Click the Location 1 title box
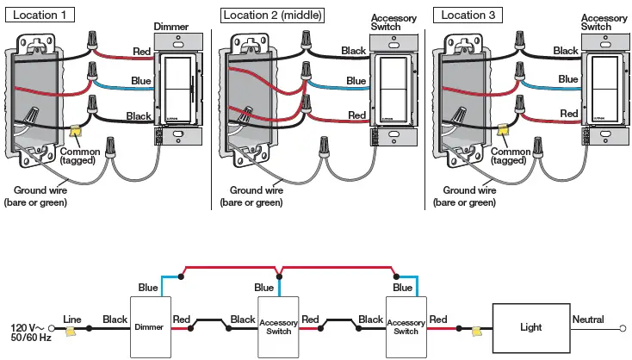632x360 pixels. [x=39, y=15]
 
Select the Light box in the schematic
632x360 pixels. [x=530, y=327]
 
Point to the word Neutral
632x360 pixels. [x=588, y=319]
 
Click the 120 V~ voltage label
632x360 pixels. [x=27, y=327]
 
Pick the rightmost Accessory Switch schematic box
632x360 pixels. [x=406, y=327]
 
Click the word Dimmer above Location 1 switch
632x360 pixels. [x=170, y=28]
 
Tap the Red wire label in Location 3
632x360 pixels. [x=569, y=114]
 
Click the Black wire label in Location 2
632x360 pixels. [x=354, y=51]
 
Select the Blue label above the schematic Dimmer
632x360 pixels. [x=147, y=288]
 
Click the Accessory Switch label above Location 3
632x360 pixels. [x=604, y=22]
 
